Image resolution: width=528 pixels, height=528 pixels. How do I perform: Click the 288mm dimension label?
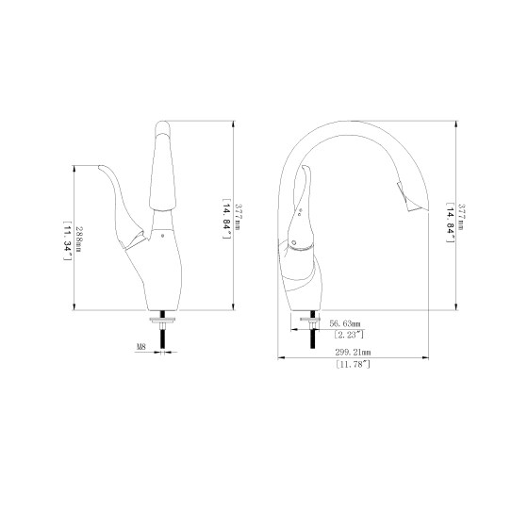tap(79, 240)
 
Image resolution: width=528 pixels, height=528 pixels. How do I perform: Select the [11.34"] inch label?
tap(68, 240)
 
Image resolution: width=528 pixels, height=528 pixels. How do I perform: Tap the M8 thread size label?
tap(141, 346)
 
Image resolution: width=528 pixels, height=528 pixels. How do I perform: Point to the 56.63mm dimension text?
tap(345, 324)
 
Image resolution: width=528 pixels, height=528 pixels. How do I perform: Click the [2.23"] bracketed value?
tap(349, 335)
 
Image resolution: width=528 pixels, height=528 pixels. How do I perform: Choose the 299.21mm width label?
tap(353, 353)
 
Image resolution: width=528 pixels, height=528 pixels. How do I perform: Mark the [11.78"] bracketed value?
tap(353, 364)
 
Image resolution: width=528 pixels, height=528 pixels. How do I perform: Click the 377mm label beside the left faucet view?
tap(239, 217)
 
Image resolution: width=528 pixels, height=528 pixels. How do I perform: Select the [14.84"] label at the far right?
tap(451, 223)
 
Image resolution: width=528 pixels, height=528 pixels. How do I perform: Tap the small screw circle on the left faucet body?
tap(162, 236)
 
